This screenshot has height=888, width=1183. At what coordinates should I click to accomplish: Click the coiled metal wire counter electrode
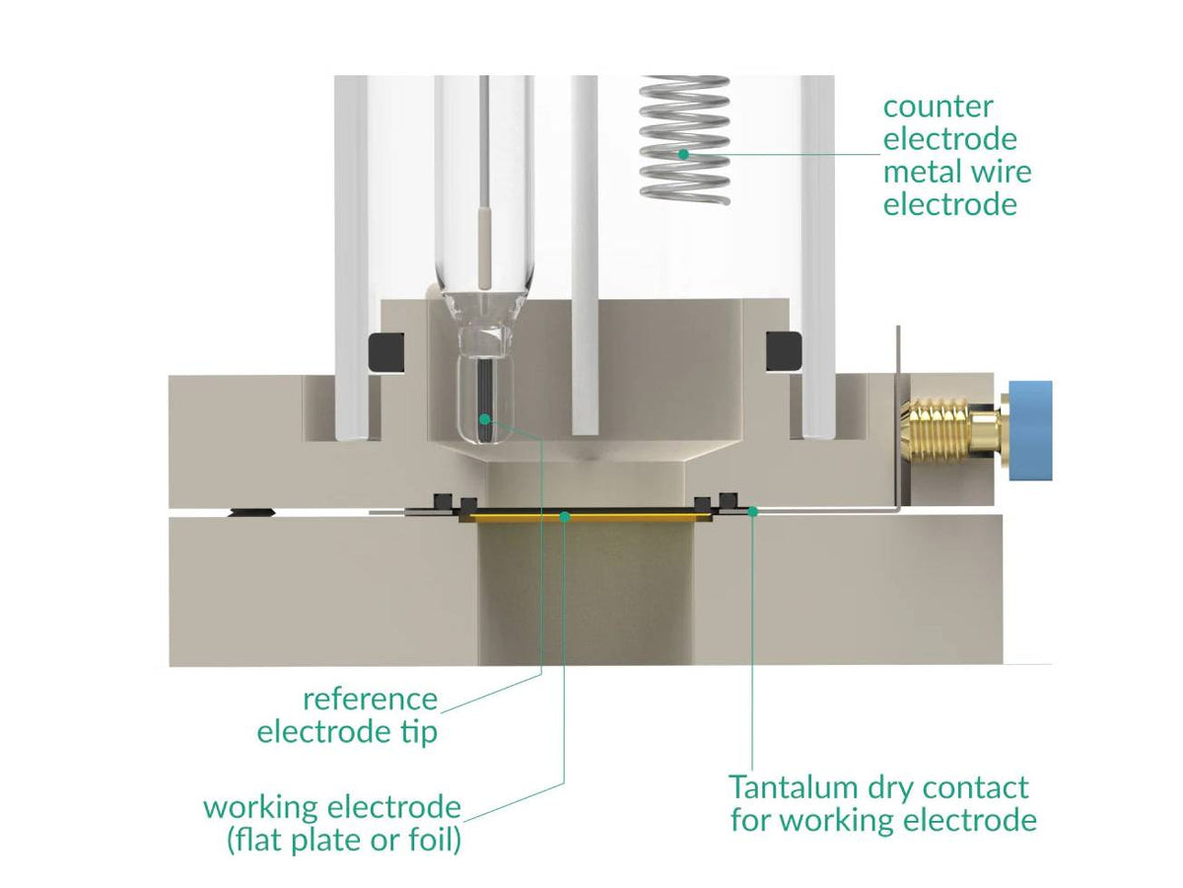684,138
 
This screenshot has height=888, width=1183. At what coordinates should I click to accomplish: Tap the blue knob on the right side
1031,430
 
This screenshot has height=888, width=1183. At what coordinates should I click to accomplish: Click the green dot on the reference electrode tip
484,419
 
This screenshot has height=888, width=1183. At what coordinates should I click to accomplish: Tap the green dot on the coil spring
682,154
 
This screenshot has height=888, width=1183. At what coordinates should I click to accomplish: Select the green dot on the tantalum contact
753,511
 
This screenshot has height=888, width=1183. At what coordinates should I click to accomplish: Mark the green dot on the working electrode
564,514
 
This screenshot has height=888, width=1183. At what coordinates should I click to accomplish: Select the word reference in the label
370,700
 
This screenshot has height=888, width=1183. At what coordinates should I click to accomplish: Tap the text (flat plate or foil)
342,842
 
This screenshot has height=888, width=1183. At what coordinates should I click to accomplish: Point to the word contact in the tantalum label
972,787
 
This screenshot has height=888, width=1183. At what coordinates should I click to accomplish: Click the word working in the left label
263,807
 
